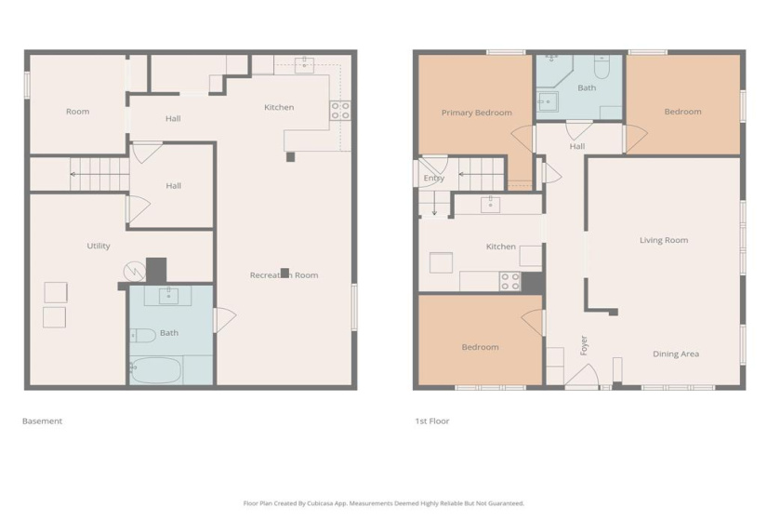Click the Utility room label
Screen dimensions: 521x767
(99, 246)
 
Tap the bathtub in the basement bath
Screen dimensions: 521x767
(156, 369)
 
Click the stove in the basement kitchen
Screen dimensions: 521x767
(340, 111)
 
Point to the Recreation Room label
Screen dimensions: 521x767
(284, 274)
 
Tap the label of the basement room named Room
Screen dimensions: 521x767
(77, 112)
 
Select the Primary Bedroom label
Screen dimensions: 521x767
(476, 113)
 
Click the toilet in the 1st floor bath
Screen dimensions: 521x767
(601, 68)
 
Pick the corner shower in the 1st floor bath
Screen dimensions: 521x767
(550, 70)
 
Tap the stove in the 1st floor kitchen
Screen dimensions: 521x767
(509, 281)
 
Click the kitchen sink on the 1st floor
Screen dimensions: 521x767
(490, 204)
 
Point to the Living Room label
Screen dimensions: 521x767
(664, 240)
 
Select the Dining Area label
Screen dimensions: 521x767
(676, 354)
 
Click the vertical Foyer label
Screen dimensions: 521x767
(584, 345)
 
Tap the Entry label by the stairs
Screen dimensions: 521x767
(433, 178)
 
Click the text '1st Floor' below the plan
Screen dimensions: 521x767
(431, 421)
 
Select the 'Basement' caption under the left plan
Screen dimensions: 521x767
(42, 421)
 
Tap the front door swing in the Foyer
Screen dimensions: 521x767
(581, 377)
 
